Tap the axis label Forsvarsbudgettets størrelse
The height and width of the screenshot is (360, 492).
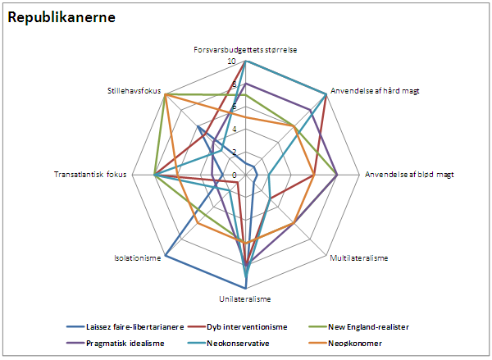click(x=246, y=50)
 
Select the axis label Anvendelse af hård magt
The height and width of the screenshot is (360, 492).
click(x=376, y=90)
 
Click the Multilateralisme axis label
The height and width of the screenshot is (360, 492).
click(x=358, y=258)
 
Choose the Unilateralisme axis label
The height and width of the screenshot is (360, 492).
click(x=246, y=298)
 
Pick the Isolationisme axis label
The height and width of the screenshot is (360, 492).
click(x=137, y=258)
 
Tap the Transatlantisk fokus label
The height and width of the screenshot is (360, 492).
click(x=90, y=175)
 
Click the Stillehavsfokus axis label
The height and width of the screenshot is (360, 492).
click(x=134, y=90)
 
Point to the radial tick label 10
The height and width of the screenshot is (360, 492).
click(x=232, y=62)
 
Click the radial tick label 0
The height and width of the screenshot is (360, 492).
click(x=235, y=175)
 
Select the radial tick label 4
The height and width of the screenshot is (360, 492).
click(x=235, y=130)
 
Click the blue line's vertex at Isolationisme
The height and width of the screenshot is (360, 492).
click(x=166, y=256)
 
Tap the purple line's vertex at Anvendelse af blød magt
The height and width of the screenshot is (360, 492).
click(x=337, y=175)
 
